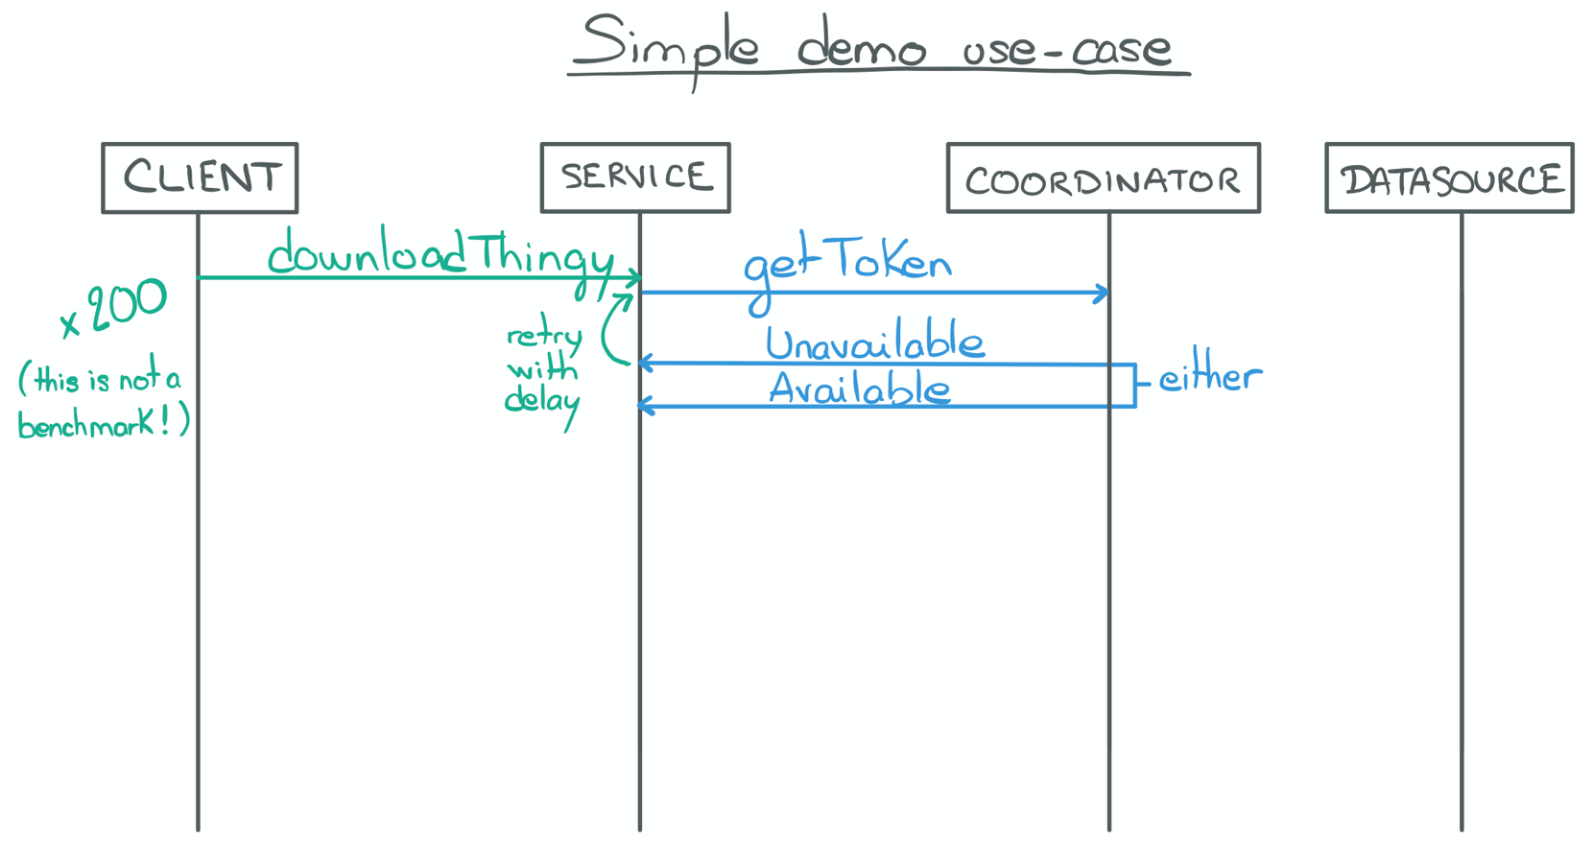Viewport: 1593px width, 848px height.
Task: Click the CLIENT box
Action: point(200,178)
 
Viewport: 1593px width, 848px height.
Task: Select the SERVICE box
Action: point(635,177)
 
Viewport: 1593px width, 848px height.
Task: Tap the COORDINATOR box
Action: point(1103,178)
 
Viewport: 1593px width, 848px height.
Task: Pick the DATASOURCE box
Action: point(1449,178)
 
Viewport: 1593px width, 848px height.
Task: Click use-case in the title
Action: point(1066,48)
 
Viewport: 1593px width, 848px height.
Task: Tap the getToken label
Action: point(847,265)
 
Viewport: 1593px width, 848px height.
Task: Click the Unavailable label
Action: point(874,342)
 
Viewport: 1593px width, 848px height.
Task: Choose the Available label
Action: point(860,389)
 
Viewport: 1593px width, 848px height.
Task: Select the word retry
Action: point(544,336)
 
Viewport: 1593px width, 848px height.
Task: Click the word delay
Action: point(542,400)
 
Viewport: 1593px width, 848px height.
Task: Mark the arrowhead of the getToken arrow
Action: point(1104,294)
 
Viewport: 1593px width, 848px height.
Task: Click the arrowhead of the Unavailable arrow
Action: point(645,363)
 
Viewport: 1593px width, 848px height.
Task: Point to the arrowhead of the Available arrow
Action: point(645,407)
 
